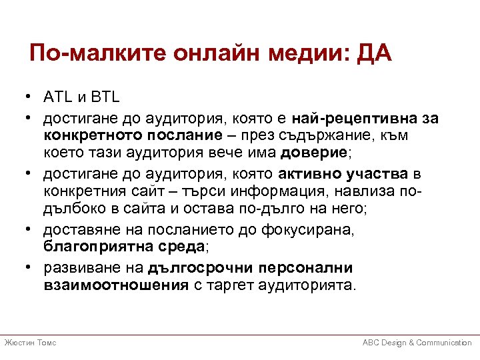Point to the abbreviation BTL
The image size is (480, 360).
(x=105, y=98)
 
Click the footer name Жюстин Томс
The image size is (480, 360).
(x=30, y=342)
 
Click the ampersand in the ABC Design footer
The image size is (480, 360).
(x=411, y=342)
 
